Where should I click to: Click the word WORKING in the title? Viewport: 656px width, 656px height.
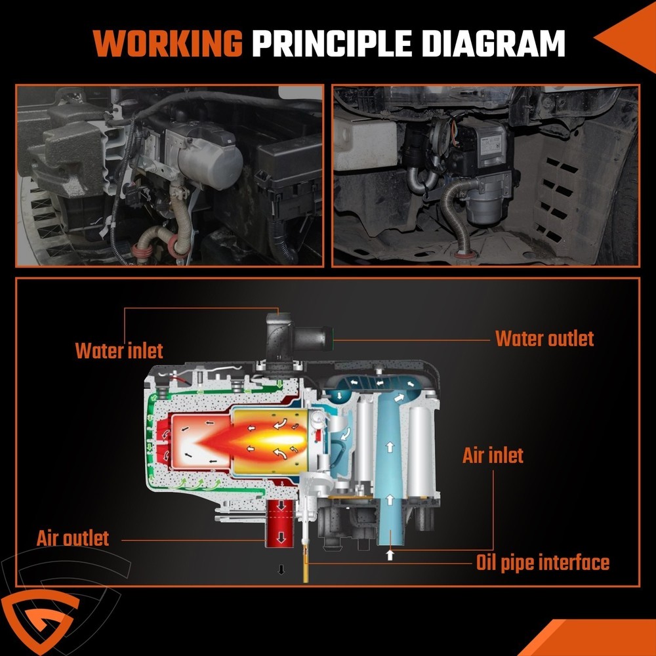(x=168, y=43)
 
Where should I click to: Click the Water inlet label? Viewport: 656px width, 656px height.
(x=119, y=350)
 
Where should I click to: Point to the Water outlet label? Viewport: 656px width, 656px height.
(x=544, y=338)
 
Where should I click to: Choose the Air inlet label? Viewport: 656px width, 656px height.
(x=493, y=455)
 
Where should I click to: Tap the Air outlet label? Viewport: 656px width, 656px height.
(x=72, y=539)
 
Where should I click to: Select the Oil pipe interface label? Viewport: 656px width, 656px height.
(x=543, y=563)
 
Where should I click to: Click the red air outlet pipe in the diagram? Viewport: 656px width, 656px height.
(x=280, y=523)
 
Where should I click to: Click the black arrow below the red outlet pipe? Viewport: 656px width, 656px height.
(x=281, y=569)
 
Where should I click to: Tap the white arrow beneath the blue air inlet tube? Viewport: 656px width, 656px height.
(x=390, y=555)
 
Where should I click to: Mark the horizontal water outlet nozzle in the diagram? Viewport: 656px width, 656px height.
(x=312, y=339)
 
